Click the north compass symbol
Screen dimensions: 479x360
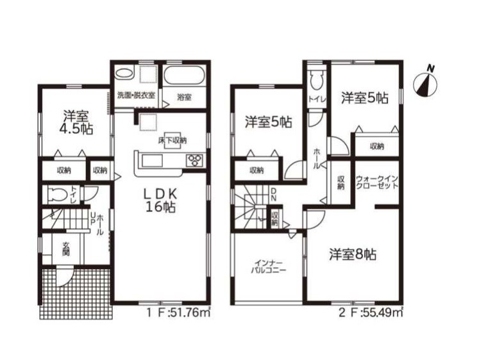425,82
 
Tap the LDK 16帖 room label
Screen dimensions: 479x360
160,200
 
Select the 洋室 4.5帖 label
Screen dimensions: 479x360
76,122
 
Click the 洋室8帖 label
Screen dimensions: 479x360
352,254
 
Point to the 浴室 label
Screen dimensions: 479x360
185,97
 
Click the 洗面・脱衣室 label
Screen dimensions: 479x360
136,95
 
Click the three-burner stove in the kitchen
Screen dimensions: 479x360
195,161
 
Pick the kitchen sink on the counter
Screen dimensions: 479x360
151,161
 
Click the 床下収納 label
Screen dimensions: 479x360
172,141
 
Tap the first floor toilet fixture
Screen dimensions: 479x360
58,194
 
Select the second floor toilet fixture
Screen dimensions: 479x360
315,79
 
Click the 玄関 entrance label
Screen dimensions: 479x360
65,249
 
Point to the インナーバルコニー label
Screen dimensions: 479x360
269,266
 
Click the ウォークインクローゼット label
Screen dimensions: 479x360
377,182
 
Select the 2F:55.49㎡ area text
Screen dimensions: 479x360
371,313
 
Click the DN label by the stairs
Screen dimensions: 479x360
274,194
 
